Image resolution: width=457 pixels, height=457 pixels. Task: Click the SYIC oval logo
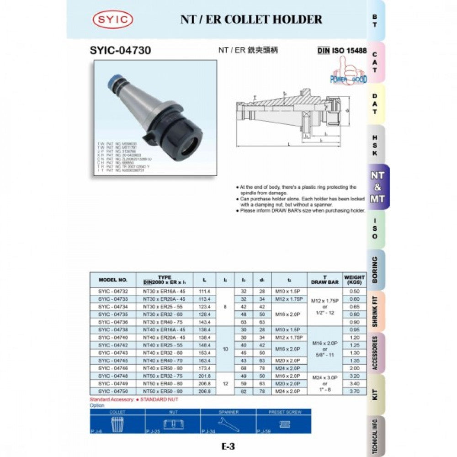(x=112, y=20)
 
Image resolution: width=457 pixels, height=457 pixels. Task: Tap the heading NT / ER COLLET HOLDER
(x=251, y=19)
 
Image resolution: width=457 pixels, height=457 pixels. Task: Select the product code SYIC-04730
(x=121, y=50)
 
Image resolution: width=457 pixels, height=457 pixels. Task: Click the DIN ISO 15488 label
(x=342, y=50)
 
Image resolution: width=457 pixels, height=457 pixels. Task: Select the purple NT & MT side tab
(x=377, y=187)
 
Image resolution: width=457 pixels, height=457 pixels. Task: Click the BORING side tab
(x=375, y=270)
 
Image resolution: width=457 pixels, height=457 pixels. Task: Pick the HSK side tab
(x=375, y=145)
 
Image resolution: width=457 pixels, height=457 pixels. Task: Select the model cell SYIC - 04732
(x=113, y=291)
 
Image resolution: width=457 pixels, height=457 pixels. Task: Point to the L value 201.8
(x=204, y=376)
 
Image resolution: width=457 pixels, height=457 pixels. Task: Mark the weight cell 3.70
(x=354, y=391)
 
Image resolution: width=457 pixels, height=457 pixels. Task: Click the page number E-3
(x=228, y=447)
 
